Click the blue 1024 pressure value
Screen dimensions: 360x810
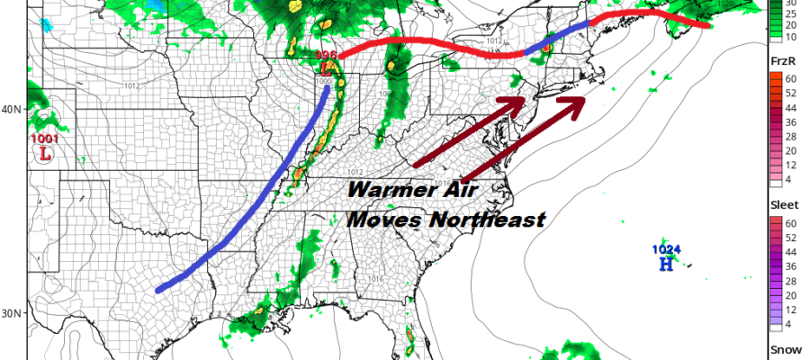tap(665, 249)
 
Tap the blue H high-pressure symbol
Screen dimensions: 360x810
tap(666, 264)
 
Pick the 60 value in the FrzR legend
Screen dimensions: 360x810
tap(792, 77)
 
